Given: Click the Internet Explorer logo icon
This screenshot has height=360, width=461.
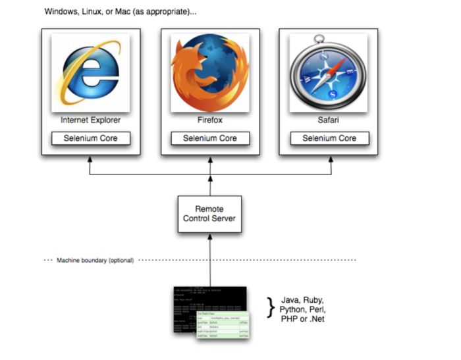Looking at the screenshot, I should pos(91,73).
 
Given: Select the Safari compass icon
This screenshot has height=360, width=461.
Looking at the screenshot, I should pos(329,72).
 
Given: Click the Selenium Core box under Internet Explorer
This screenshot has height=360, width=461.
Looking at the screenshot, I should pos(91,138).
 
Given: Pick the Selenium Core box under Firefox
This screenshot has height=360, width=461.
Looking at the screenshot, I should pos(210,138).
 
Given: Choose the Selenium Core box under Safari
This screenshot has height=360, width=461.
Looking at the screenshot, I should pos(329,138).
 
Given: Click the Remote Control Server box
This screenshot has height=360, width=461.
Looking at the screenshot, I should pos(210,214).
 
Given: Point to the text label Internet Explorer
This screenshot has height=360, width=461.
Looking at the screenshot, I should pos(91,120).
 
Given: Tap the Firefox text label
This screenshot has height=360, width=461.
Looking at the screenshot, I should pos(210,120).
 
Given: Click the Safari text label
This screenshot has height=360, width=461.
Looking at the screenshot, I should pos(329,120).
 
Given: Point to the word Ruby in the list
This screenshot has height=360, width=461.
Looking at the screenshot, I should pos(313,299).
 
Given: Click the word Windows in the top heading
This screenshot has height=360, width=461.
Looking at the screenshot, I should pos(60,13).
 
